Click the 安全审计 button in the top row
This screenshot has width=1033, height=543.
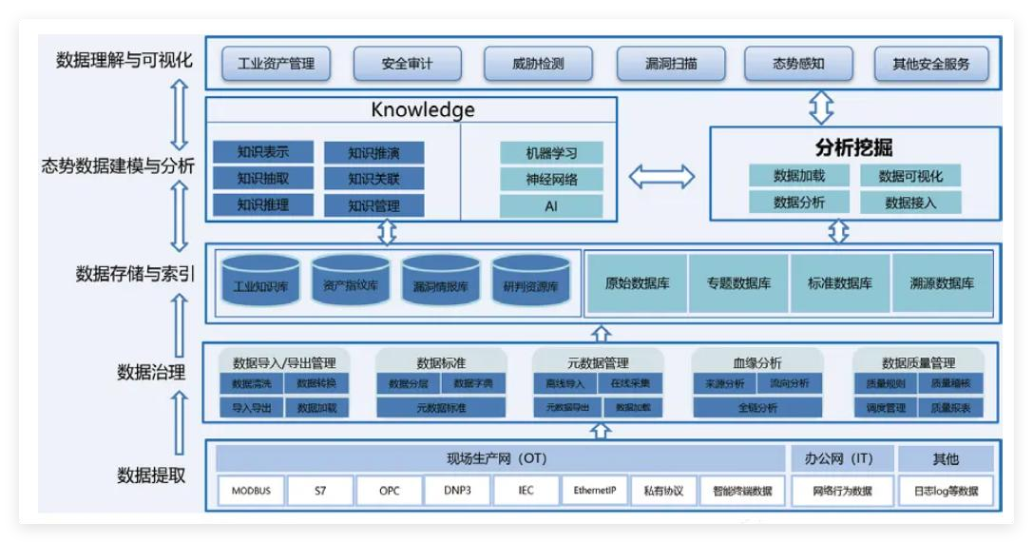tap(407, 65)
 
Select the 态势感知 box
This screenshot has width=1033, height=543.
tap(797, 65)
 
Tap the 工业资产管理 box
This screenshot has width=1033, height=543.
tap(276, 65)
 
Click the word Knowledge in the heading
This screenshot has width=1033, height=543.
tap(423, 109)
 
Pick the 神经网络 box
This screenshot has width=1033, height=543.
tap(551, 179)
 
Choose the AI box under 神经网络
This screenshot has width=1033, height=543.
tap(551, 205)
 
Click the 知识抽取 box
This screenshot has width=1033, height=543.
tap(263, 178)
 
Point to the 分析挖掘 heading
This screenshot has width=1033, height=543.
tap(854, 147)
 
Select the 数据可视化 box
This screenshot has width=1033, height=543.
tap(910, 176)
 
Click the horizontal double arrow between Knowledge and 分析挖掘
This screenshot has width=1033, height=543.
tap(661, 176)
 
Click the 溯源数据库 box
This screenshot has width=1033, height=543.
tap(941, 283)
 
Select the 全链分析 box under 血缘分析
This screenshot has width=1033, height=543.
tap(757, 408)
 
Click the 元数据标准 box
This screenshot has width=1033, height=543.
tap(441, 408)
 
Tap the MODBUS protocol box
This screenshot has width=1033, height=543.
tap(251, 491)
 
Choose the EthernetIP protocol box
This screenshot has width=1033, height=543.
tap(595, 491)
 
